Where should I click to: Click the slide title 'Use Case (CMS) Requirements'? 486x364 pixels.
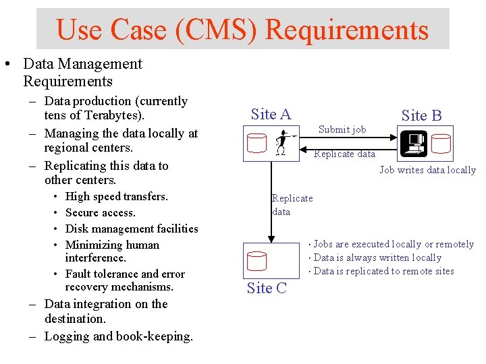242,30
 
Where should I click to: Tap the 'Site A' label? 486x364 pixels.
271,115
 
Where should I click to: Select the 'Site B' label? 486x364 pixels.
421,116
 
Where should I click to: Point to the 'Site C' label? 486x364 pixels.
267,289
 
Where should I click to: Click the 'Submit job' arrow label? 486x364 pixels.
342,129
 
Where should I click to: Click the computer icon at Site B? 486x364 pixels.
412,143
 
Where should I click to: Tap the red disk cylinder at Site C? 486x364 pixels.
257,260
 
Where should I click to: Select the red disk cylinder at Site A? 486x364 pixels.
257,144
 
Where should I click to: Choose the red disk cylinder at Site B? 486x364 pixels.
441,143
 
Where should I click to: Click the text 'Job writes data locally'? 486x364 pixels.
427,170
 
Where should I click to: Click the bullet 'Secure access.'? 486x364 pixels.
101,213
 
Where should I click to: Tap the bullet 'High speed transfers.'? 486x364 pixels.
117,197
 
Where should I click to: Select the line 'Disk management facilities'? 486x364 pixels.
132,229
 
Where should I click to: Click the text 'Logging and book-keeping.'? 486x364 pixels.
119,336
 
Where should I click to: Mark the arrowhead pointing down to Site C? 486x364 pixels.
271,238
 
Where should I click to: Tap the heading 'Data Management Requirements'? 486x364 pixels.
82,73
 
